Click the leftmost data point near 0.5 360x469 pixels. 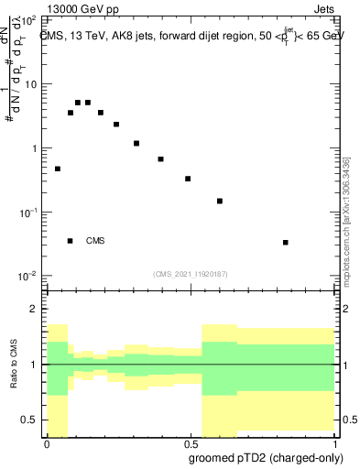tap(58, 169)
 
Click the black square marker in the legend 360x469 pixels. tap(71, 241)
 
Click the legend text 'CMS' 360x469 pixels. tap(95, 241)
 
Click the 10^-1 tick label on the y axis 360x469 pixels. tap(30, 212)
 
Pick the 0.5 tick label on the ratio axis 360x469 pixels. tap(31, 420)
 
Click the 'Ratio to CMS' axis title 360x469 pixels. tap(15, 365)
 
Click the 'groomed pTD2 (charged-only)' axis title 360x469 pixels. tap(267, 458)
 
